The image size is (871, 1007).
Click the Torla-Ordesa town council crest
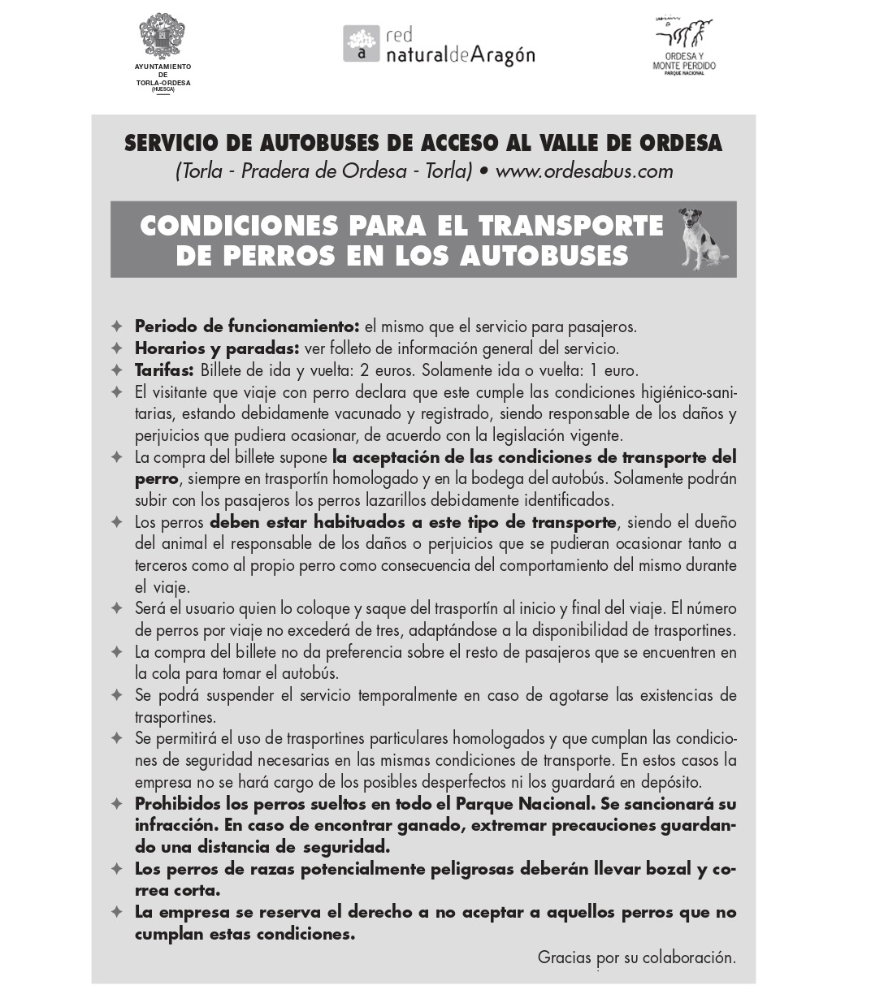[162, 37]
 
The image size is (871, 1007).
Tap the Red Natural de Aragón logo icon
[361, 44]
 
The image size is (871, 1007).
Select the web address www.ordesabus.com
[583, 171]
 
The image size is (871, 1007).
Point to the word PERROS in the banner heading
[276, 256]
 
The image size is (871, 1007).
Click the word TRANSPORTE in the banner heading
[571, 225]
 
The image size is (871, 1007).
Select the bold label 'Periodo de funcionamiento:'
[246, 326]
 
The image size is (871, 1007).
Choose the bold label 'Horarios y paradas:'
[217, 348]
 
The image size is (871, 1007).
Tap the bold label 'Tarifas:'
[164, 370]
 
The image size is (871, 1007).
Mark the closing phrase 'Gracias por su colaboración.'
[636, 957]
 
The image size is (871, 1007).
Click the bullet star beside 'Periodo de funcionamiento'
[117, 326]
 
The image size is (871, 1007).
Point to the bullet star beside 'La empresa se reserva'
[117, 912]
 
